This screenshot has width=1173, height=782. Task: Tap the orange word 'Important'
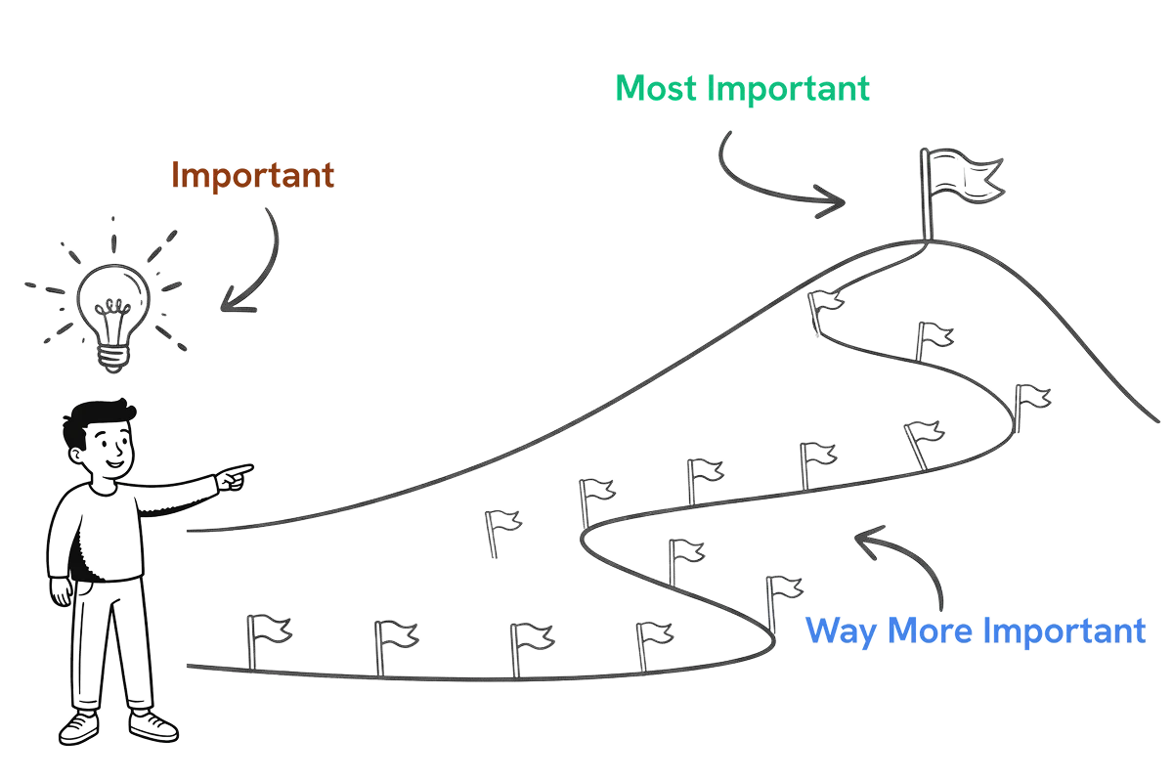click(x=253, y=176)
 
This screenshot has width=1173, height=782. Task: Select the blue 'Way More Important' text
click(x=975, y=630)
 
